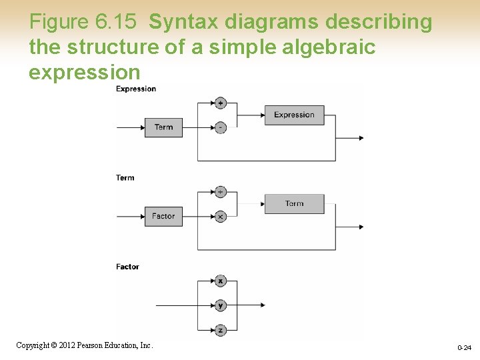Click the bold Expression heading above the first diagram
pos(136,89)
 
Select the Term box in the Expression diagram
pos(163,127)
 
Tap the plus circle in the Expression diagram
pos(221,103)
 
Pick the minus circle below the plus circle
pos(221,127)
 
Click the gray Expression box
pos(294,115)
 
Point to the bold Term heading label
pos(125,178)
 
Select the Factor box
pos(163,216)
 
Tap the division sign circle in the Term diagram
pos(221,192)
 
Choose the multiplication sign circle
pos(221,217)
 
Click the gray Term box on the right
pos(294,204)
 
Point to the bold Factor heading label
pos(127,267)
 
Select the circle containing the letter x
pos(221,281)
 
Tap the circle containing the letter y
pos(221,305)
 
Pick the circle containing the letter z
pos(221,330)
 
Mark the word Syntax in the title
pos(183,22)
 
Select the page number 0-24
pos(464,348)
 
